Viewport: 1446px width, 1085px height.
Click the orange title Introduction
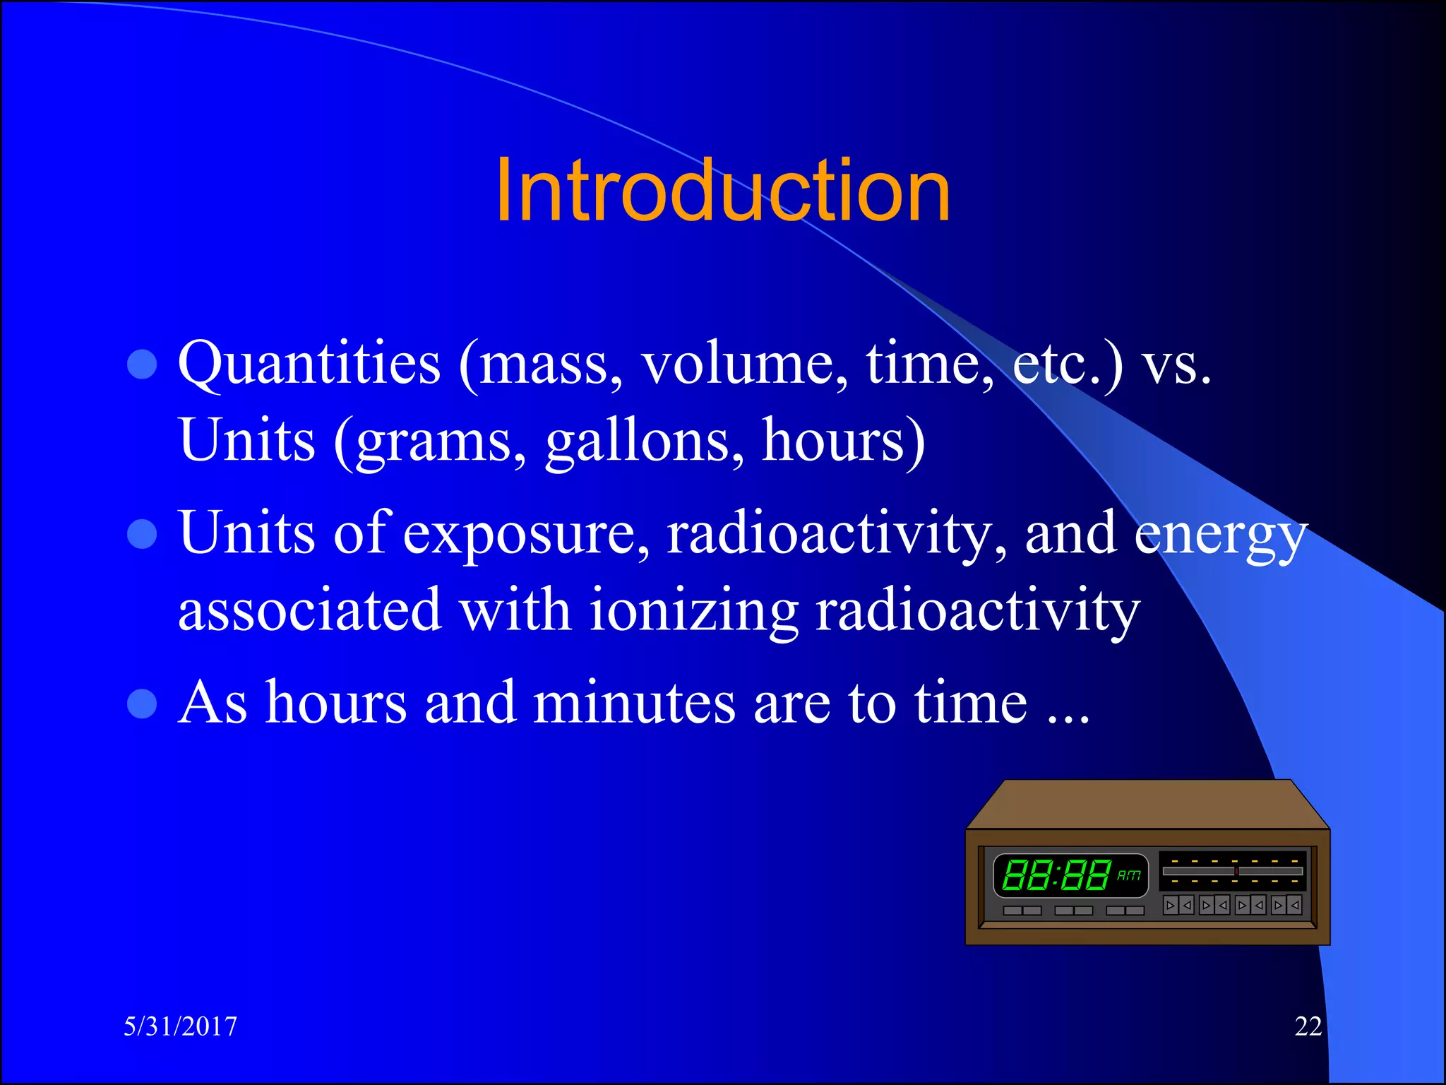(722, 191)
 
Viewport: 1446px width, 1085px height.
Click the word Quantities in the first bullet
(309, 364)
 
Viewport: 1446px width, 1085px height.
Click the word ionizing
(693, 612)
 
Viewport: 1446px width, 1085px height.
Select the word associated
(309, 612)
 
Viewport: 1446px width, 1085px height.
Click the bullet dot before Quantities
(142, 364)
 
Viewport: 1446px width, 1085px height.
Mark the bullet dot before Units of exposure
(142, 534)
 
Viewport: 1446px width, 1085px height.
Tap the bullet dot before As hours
(142, 704)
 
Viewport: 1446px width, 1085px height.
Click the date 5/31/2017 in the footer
(181, 1026)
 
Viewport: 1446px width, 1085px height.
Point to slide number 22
(1308, 1026)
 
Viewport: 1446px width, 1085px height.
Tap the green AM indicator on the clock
(1128, 875)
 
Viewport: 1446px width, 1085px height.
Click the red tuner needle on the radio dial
(1236, 871)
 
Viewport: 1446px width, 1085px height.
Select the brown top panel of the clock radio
(1147, 804)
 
